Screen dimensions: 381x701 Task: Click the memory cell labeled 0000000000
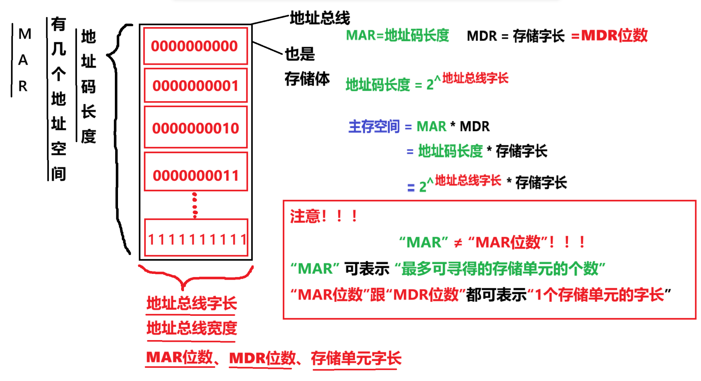click(195, 46)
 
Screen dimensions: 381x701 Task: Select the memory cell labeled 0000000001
click(195, 86)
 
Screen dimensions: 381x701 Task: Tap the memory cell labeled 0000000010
click(195, 128)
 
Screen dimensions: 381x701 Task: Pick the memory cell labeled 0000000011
click(195, 175)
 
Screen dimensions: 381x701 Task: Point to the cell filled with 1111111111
click(196, 239)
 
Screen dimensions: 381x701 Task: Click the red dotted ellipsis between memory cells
click(195, 205)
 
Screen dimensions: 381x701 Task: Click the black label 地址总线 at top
click(320, 18)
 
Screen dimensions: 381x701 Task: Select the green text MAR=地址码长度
click(397, 35)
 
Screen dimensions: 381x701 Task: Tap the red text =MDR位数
click(609, 35)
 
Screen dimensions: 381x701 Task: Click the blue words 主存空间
click(374, 127)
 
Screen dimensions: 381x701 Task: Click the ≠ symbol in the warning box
click(458, 243)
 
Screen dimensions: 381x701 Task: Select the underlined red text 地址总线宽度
click(192, 328)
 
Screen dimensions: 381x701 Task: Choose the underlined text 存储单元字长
click(356, 358)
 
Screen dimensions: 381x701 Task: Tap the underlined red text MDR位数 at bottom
click(262, 358)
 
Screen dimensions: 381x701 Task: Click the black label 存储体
click(307, 79)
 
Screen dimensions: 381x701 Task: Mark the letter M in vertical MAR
click(25, 34)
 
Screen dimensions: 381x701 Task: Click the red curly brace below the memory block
click(195, 276)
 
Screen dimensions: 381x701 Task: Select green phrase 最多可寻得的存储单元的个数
click(500, 269)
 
